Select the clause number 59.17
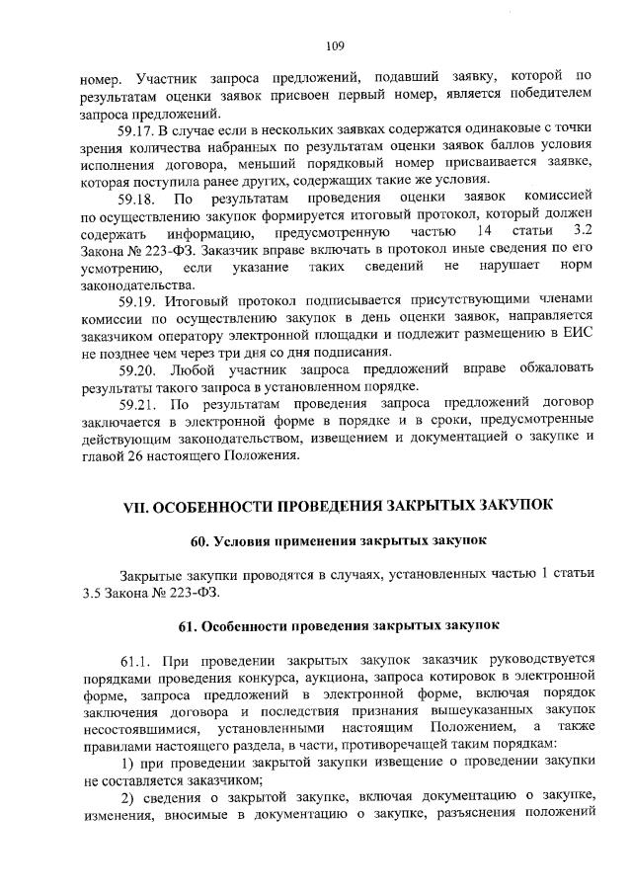pyautogui.click(x=138, y=130)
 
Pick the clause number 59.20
pyautogui.click(x=138, y=368)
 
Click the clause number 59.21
pyautogui.click(x=138, y=404)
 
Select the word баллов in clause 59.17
pyautogui.click(x=485, y=148)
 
